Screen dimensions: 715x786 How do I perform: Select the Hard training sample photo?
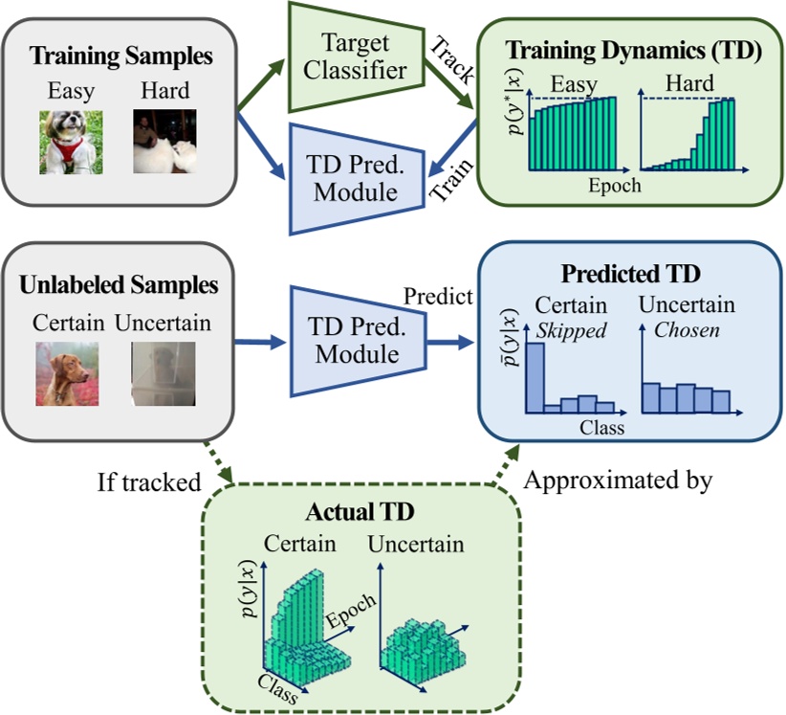164,140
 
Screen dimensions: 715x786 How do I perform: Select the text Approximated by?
618,480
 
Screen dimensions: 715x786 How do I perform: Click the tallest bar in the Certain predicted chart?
535,378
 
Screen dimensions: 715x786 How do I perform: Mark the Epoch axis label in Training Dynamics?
614,185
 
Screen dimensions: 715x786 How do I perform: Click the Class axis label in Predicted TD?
601,428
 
